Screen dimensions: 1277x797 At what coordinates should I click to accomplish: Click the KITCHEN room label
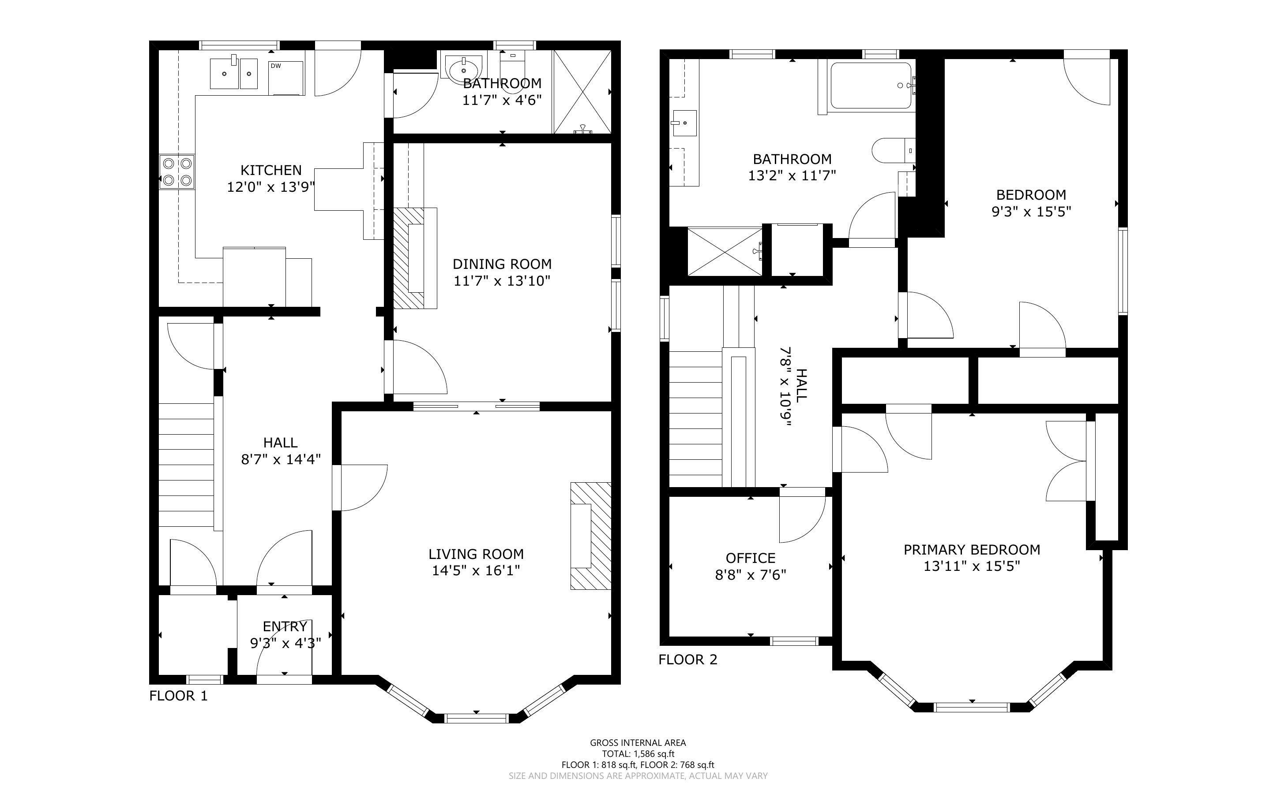[x=271, y=170]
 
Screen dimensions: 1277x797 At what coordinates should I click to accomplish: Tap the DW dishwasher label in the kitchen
[x=275, y=66]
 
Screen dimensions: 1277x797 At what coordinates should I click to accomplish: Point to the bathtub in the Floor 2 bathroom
[x=871, y=86]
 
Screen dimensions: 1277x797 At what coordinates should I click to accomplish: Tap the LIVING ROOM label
[x=476, y=554]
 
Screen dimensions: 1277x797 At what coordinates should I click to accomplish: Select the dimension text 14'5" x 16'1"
[x=476, y=570]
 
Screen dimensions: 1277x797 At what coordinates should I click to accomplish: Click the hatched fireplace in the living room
[x=591, y=536]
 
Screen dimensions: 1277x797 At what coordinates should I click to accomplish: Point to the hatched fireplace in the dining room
[x=415, y=258]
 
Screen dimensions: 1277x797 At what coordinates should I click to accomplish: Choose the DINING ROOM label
[x=502, y=264]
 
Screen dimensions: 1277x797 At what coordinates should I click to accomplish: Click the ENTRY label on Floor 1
[x=285, y=626]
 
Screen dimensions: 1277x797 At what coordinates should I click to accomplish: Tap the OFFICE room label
[x=751, y=558]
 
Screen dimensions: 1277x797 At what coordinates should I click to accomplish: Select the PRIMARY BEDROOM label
[x=972, y=550]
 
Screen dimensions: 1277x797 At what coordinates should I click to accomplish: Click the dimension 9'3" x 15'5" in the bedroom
[x=1031, y=212]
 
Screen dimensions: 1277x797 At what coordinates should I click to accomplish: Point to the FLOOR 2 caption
[x=688, y=659]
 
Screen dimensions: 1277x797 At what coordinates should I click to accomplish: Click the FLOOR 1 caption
[x=178, y=696]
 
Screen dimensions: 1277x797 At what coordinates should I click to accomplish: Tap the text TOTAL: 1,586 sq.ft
[x=638, y=754]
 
